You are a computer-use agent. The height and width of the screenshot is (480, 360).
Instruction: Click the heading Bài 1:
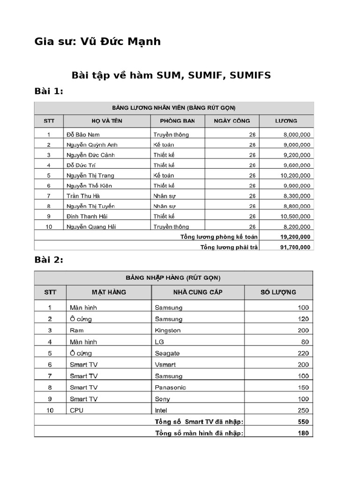49,91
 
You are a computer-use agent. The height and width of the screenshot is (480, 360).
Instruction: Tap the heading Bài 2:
49,260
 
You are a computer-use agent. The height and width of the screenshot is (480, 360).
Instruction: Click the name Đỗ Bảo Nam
83,135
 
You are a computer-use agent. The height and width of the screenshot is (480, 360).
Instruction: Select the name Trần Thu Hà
83,196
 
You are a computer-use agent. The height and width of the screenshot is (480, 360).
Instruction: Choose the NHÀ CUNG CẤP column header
197,292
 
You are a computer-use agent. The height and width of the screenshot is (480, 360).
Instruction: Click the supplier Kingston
167,330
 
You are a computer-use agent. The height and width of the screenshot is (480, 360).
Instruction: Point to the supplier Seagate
167,353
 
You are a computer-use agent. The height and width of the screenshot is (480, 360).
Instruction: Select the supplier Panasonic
170,388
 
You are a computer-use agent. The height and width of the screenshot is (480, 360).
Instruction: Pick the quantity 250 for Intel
303,410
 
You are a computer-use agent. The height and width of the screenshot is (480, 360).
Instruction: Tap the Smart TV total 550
303,422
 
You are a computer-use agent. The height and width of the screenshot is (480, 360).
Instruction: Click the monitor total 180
303,433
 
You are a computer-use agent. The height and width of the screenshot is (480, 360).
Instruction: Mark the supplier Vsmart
165,365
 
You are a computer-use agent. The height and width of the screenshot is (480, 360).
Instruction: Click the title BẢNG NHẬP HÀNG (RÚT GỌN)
173,277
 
